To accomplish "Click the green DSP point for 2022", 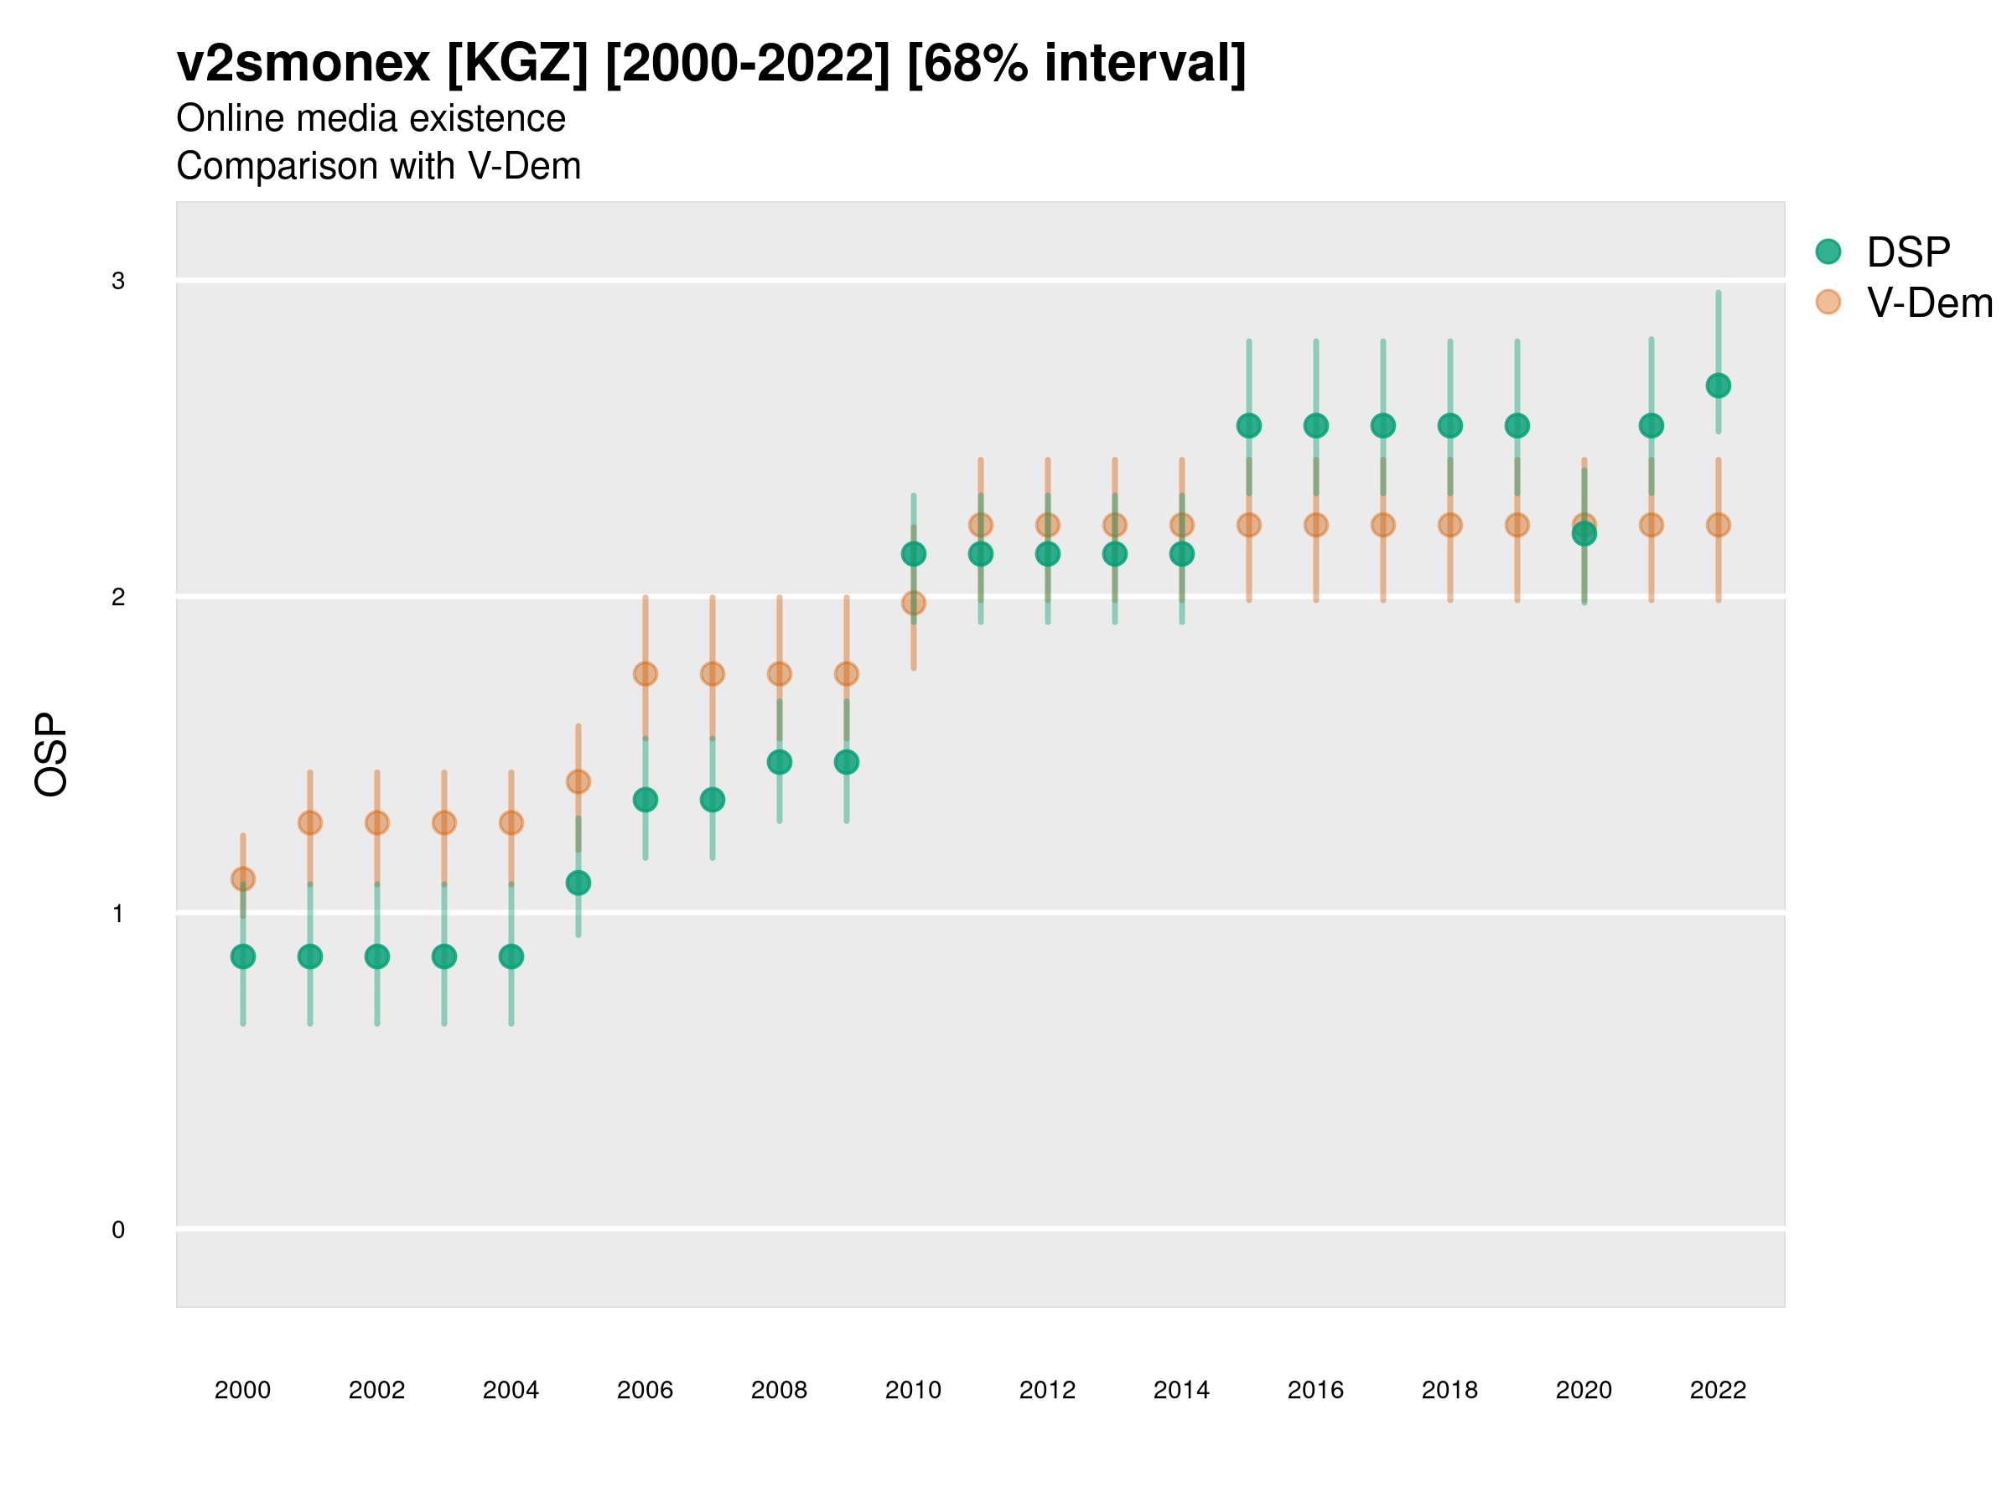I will [1719, 386].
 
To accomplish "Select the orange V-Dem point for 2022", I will [1719, 525].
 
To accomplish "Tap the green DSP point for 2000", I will [243, 956].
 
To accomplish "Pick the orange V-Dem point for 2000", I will [243, 879].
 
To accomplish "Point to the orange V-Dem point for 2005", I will [578, 781].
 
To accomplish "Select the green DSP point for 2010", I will [913, 554].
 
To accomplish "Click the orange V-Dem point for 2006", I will [646, 674].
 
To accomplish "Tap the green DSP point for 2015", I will [1249, 426].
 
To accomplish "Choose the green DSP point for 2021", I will [1651, 426].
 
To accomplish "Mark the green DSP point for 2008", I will [780, 762].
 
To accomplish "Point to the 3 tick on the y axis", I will [118, 281].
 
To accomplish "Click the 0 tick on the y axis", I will [118, 1230].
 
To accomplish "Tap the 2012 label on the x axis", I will [1047, 1390].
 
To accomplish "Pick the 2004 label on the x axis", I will [511, 1390].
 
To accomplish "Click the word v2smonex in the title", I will [303, 64].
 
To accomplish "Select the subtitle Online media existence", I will [371, 119].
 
